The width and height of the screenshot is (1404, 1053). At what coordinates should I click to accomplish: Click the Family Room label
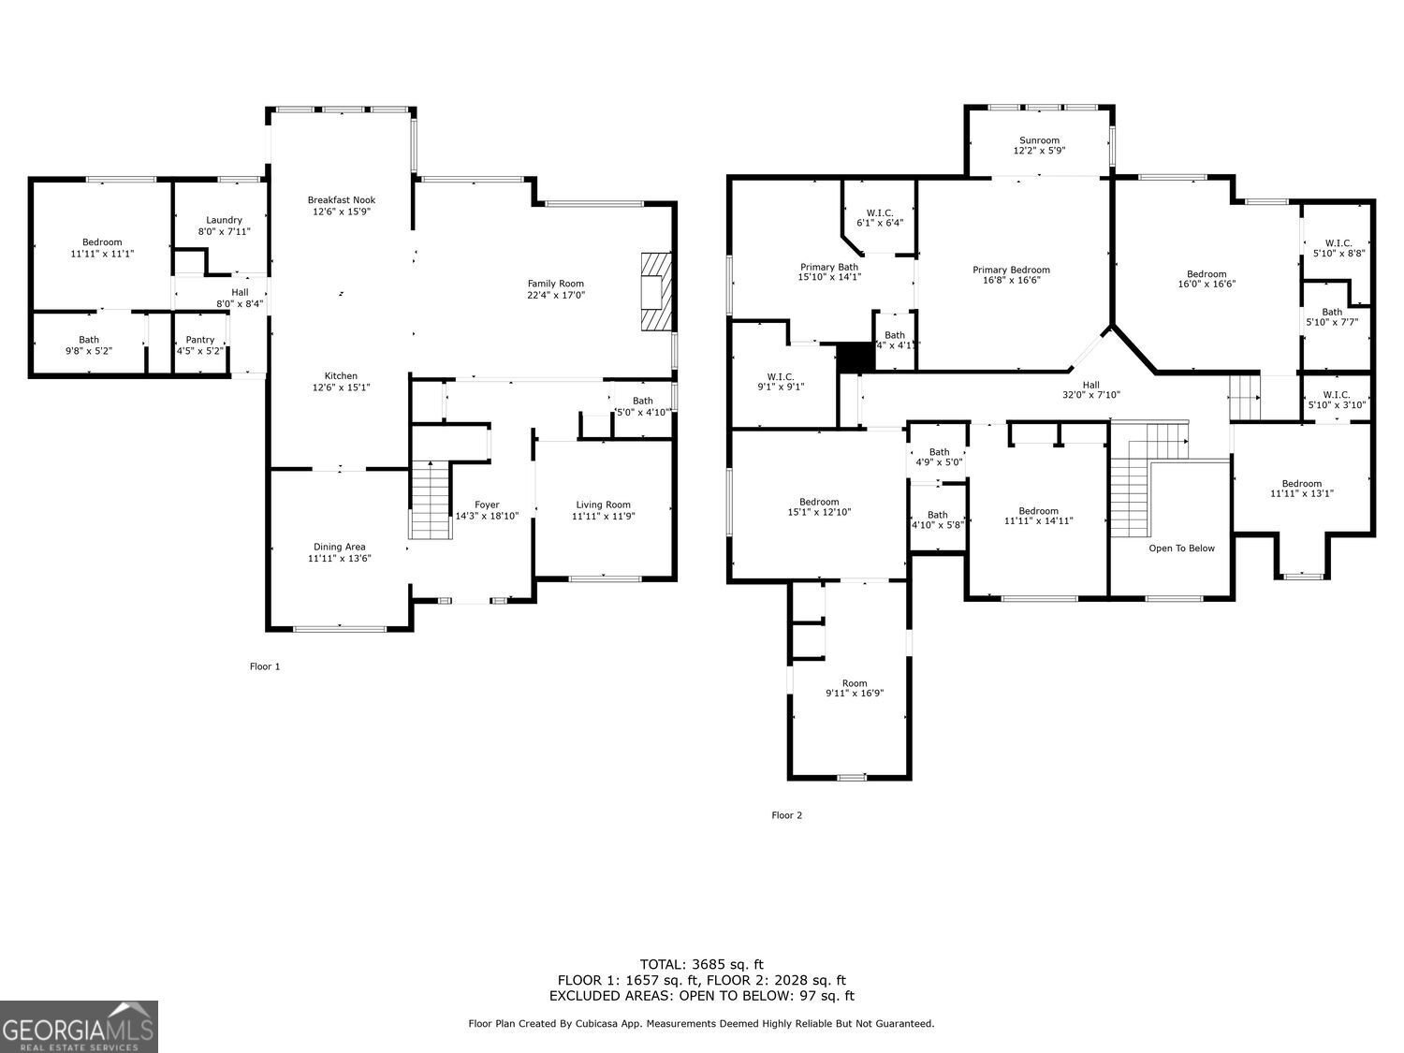[555, 284]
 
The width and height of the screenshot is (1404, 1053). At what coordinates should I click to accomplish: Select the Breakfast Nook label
[342, 199]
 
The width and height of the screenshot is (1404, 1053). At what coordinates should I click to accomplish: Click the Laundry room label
[224, 220]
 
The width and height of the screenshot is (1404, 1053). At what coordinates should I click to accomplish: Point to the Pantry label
[200, 340]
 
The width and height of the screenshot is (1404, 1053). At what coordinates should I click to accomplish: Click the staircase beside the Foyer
[430, 500]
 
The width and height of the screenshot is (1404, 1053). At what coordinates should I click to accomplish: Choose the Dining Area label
[339, 547]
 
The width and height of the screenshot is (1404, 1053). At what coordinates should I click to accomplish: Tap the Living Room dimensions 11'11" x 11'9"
[604, 517]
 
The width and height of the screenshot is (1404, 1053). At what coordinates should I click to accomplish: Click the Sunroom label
[1039, 140]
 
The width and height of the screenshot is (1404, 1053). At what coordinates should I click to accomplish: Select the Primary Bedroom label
[1011, 270]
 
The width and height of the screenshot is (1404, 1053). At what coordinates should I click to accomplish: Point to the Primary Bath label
[828, 267]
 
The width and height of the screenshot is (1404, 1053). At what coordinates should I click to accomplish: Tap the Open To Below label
[1181, 548]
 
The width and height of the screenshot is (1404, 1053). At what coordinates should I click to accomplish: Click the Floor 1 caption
[265, 666]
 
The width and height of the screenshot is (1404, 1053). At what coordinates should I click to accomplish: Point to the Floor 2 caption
[786, 815]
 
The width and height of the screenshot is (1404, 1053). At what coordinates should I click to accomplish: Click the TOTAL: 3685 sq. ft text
[701, 964]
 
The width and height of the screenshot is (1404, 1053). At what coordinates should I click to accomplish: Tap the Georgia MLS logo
[79, 1027]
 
